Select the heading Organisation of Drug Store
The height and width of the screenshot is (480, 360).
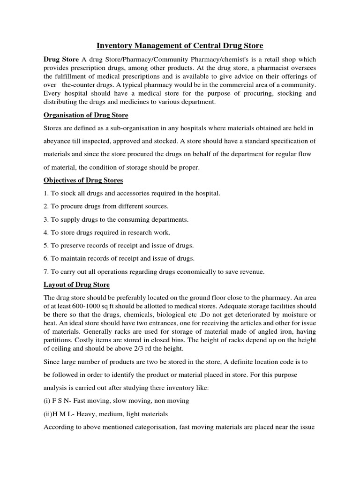coord(86,115)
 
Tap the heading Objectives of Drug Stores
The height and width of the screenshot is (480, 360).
coord(83,180)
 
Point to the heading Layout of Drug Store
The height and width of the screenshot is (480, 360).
coord(76,285)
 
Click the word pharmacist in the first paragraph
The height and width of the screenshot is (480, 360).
coord(264,68)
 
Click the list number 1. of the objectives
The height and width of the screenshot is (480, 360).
coord(46,193)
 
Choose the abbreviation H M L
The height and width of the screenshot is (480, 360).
coord(65,414)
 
